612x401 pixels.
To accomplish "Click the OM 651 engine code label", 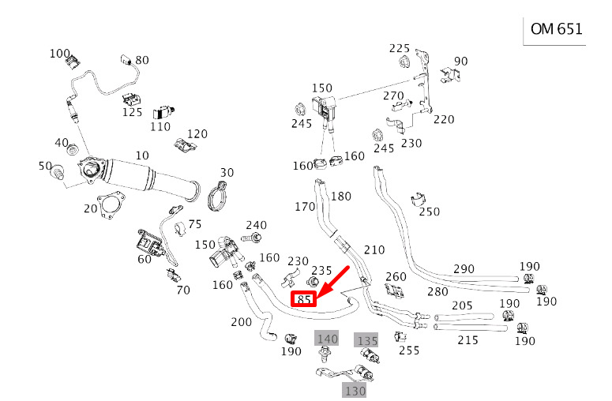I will [556, 29].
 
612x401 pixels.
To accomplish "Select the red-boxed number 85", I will [304, 299].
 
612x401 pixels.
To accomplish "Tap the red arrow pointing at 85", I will [332, 282].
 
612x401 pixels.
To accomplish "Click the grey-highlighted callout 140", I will [326, 339].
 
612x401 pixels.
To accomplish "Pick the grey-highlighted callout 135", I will [366, 340].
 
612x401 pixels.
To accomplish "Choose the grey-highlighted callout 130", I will [354, 390].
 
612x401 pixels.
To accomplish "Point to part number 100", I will [60, 54].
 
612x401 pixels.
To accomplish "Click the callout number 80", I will [142, 60].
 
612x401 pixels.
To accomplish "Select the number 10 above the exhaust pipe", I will [142, 155].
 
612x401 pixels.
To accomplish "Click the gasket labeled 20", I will [111, 206].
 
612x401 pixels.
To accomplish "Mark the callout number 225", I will [400, 48].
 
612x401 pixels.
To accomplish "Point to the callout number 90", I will [461, 61].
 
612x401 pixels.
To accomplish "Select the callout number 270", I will [393, 96].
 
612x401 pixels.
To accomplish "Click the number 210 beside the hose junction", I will [374, 250].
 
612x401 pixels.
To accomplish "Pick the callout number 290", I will [465, 269].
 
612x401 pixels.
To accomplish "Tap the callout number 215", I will [467, 339].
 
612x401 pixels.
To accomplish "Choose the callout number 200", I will [242, 322].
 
